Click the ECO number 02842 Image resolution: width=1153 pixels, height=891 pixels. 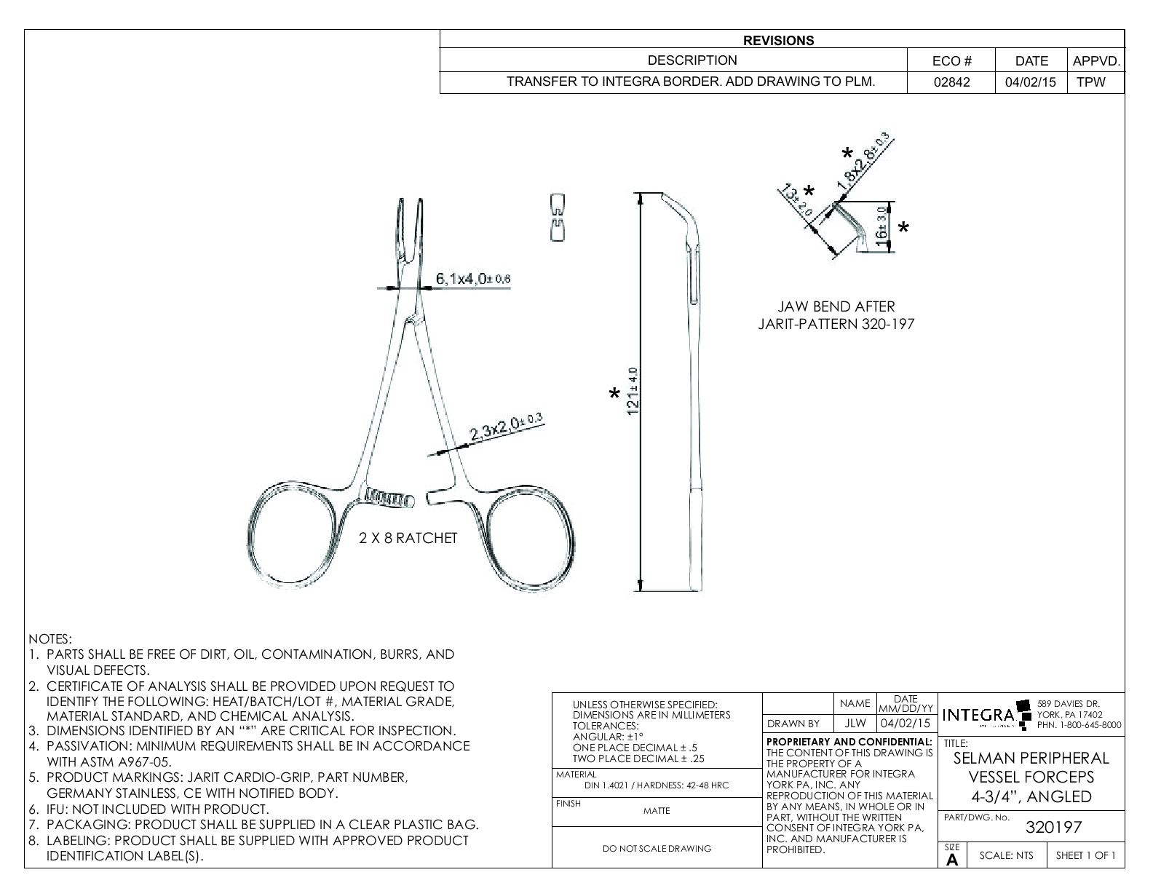[951, 83]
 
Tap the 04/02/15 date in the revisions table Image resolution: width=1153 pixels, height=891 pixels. [1030, 83]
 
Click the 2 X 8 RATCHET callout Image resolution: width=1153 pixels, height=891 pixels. [408, 538]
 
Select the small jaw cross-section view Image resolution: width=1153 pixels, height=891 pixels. [557, 217]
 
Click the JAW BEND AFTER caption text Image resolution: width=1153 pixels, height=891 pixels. [836, 307]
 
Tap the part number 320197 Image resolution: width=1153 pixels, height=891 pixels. [1053, 827]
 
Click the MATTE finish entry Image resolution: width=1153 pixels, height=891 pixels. [657, 811]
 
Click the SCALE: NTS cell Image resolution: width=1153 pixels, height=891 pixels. [1006, 855]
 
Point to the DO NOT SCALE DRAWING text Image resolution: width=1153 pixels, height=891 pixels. [657, 848]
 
